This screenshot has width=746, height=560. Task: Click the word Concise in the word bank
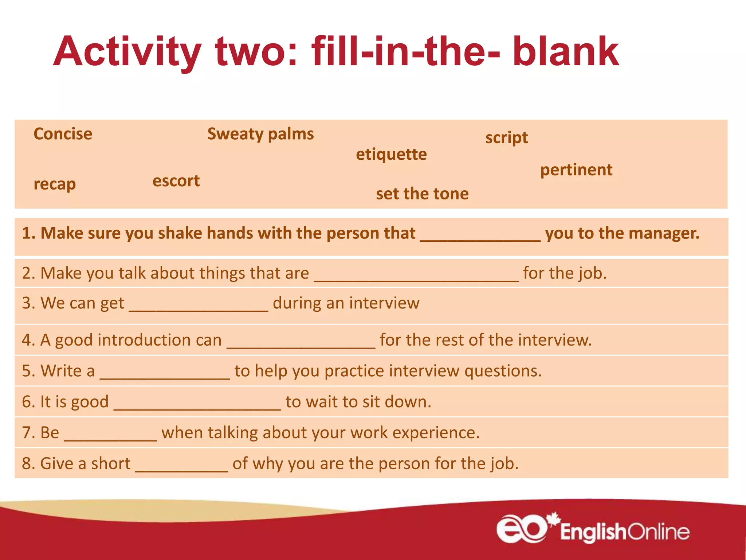63,134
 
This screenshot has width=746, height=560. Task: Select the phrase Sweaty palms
260,134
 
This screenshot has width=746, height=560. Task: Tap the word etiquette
391,155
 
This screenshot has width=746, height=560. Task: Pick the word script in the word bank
506,138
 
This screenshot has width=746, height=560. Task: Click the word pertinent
576,170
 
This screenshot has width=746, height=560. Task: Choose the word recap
55,184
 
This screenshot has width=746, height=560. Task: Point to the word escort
176,181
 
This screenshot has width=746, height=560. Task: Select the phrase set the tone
422,194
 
